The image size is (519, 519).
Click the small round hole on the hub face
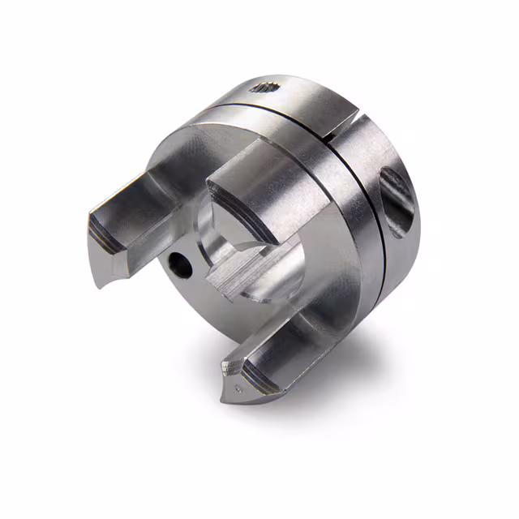178,264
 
